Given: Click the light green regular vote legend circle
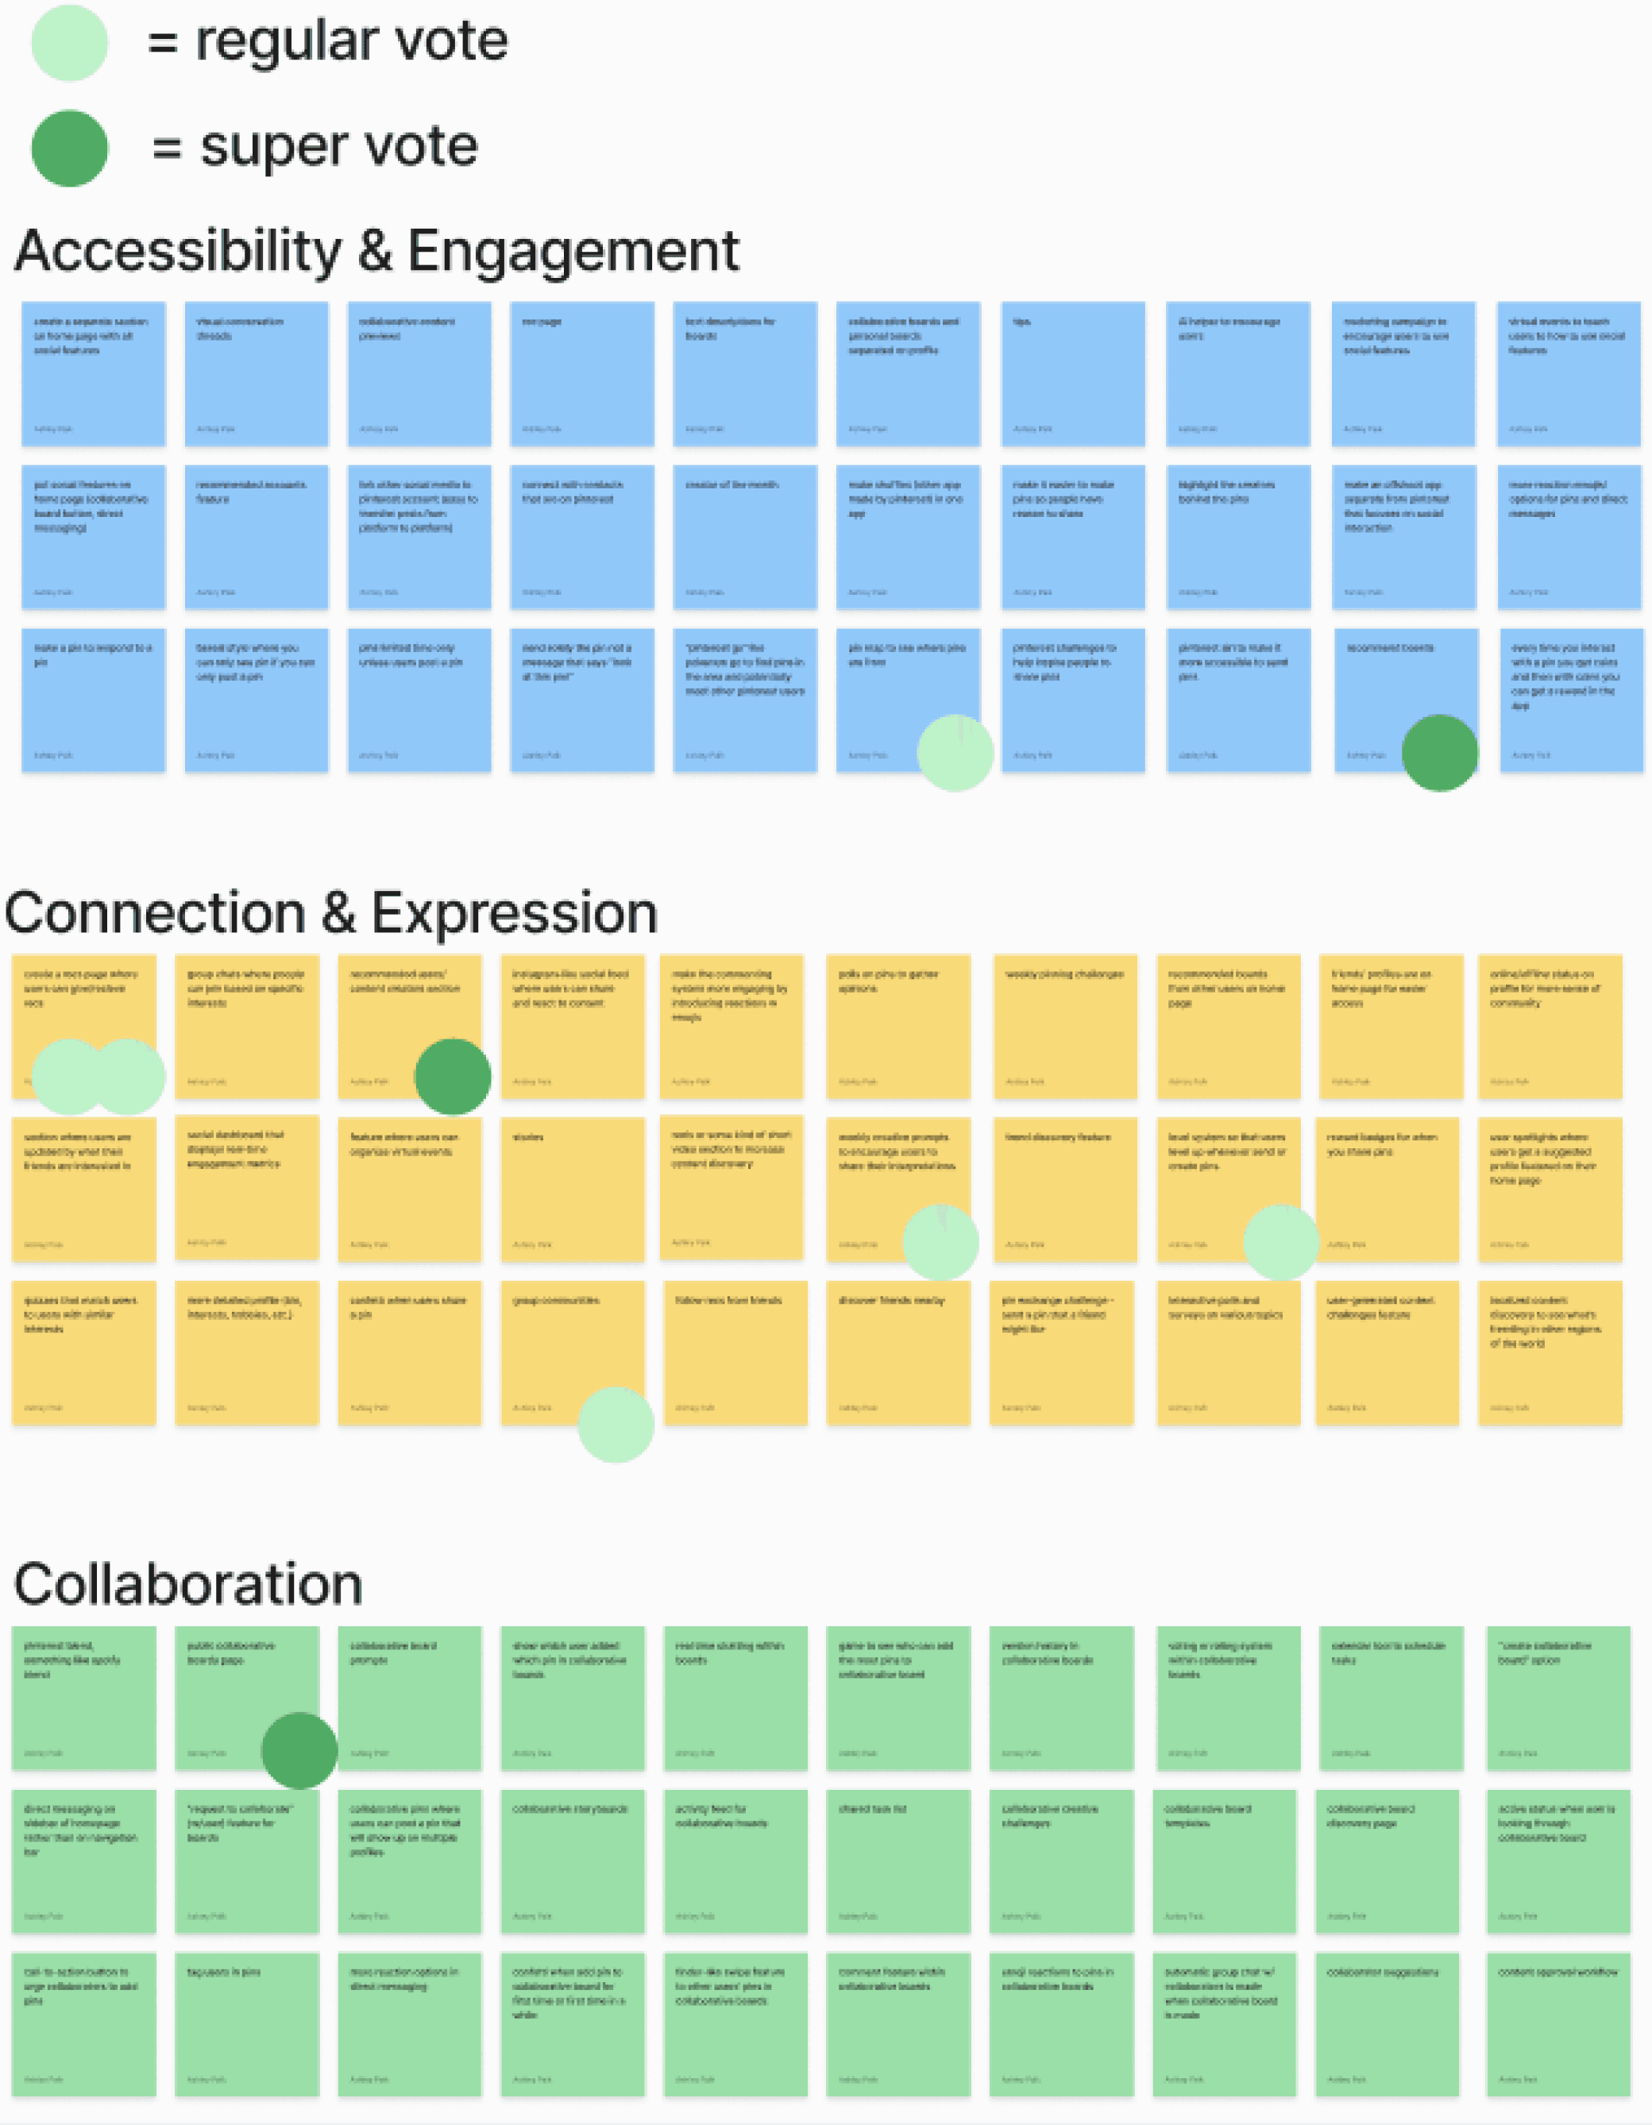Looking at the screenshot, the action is [x=69, y=43].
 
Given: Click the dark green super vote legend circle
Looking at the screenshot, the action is [x=69, y=148].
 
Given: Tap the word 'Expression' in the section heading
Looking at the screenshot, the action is [x=514, y=914].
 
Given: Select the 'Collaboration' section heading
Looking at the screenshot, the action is [x=187, y=1584].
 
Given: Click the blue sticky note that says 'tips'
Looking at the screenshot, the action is [x=1072, y=374].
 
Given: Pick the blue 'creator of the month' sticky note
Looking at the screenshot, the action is [x=744, y=537].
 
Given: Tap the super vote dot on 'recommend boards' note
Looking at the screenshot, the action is [x=1439, y=753].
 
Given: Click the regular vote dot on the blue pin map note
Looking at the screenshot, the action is [x=955, y=753].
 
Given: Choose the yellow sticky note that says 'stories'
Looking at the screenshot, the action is [x=572, y=1189].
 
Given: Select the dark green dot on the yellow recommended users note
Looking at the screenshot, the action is [x=453, y=1076].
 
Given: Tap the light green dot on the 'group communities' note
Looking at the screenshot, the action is [x=615, y=1425].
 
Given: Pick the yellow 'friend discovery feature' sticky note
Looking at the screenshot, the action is [x=1063, y=1189].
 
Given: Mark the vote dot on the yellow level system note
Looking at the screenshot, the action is [x=1280, y=1243].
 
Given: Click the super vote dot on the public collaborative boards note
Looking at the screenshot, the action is [x=299, y=1750].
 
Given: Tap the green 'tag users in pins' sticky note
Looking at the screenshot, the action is [x=247, y=2024].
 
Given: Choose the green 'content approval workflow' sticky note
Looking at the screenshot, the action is [x=1557, y=2024].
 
